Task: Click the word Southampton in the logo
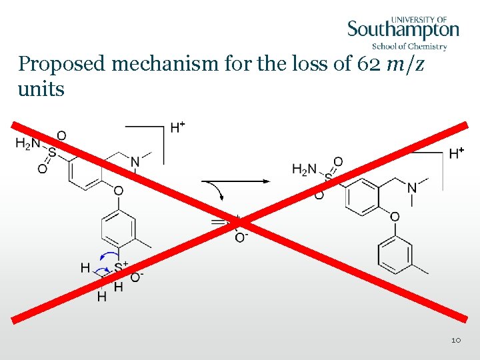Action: click(403, 30)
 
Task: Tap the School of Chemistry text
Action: click(409, 46)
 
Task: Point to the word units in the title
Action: click(41, 89)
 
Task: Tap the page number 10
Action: click(456, 341)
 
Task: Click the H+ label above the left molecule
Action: click(178, 127)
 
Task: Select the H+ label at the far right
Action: click(456, 154)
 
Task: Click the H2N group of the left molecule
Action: click(27, 142)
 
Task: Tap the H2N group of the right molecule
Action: click(304, 170)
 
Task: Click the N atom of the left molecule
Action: click(135, 161)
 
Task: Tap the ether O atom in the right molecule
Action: click(395, 217)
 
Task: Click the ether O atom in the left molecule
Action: click(118, 191)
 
